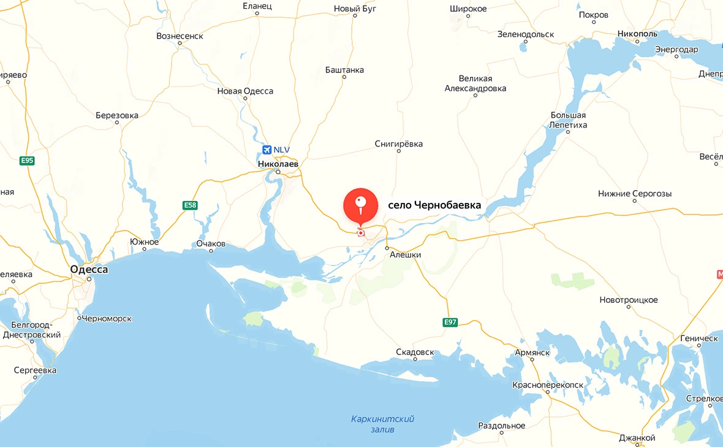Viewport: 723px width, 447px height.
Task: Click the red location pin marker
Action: (x=360, y=205)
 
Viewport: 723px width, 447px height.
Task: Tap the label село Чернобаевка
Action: (x=434, y=205)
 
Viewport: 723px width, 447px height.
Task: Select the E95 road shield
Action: (x=27, y=161)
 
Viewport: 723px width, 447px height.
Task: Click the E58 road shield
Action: (x=190, y=205)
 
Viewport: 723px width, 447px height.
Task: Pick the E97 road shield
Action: (x=450, y=323)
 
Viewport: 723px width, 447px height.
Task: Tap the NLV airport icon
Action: (x=267, y=150)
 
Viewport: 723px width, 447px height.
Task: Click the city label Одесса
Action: (x=89, y=269)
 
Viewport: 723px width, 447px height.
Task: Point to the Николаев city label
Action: (x=278, y=164)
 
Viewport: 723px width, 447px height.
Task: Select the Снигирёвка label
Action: (x=398, y=144)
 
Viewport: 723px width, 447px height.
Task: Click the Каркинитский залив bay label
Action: (x=382, y=424)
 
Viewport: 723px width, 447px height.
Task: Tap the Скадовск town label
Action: (x=415, y=353)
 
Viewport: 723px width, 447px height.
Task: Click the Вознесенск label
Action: (x=180, y=36)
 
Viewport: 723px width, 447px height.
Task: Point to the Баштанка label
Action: (x=344, y=70)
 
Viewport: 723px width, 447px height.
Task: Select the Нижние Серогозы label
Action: (x=635, y=194)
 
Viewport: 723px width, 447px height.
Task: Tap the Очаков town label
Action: (x=211, y=243)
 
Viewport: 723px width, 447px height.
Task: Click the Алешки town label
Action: (x=406, y=255)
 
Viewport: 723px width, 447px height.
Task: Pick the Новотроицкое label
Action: (x=628, y=300)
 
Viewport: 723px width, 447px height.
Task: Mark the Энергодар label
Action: (x=676, y=49)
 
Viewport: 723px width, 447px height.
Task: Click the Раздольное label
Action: (x=502, y=426)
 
